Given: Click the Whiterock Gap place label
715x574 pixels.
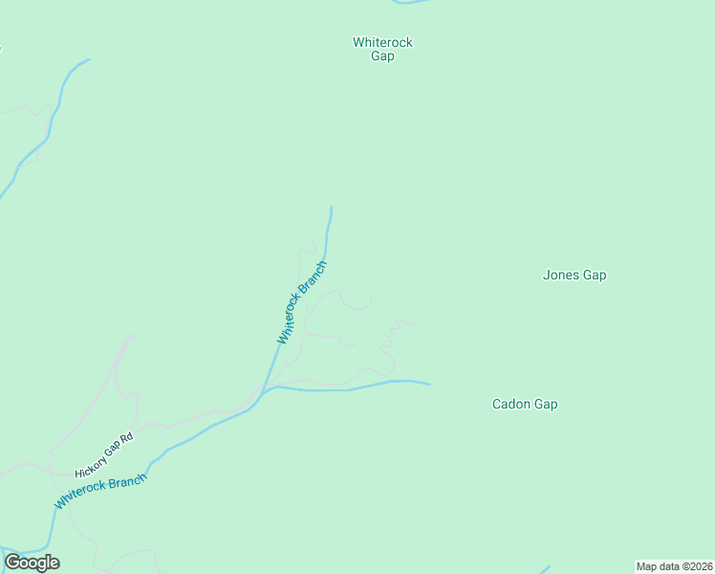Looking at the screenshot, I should tap(382, 49).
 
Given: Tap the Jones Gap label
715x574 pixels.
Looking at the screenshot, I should tap(574, 276).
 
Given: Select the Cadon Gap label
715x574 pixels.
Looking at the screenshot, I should tap(525, 404).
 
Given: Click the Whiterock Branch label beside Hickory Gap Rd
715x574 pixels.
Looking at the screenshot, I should tap(100, 491).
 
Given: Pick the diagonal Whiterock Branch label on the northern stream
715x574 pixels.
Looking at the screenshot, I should tap(302, 302).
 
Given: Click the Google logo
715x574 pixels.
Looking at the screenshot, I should tap(32, 563).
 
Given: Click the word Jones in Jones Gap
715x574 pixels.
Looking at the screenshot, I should tap(560, 276).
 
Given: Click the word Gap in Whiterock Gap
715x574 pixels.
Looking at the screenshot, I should tap(382, 56).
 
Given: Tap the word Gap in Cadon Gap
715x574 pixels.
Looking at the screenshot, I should tap(546, 404).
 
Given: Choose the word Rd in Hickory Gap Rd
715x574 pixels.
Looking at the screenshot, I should tap(126, 438).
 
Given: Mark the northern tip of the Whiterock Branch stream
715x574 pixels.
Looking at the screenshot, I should tap(332, 208).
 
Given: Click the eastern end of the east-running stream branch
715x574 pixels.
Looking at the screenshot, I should tap(429, 385).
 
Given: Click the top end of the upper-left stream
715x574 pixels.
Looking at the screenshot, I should tap(89, 59).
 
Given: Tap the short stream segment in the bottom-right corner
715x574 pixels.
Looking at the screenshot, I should tap(546, 569).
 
